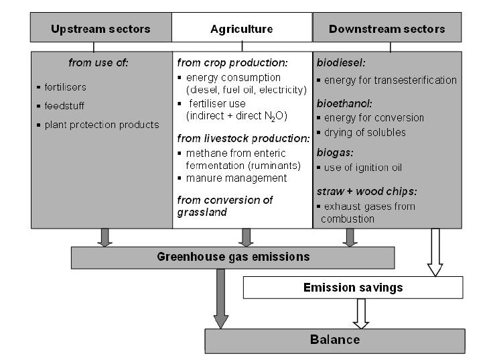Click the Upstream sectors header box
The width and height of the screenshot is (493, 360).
pos(100,29)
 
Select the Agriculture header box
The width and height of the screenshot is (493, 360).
pos(242,29)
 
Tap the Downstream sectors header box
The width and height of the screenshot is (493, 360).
pos(387,29)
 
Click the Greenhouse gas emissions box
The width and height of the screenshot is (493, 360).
pos(232,257)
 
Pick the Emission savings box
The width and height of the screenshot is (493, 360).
pos(353,288)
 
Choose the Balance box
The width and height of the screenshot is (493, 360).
pos(334,340)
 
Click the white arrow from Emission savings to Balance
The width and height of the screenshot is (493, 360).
pos(362,313)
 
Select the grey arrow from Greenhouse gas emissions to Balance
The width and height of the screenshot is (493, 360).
pos(220,298)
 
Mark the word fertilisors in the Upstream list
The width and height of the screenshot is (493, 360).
pos(66,87)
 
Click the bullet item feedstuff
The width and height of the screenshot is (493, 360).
pos(64,106)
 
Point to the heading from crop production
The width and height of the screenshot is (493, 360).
pos(232,63)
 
